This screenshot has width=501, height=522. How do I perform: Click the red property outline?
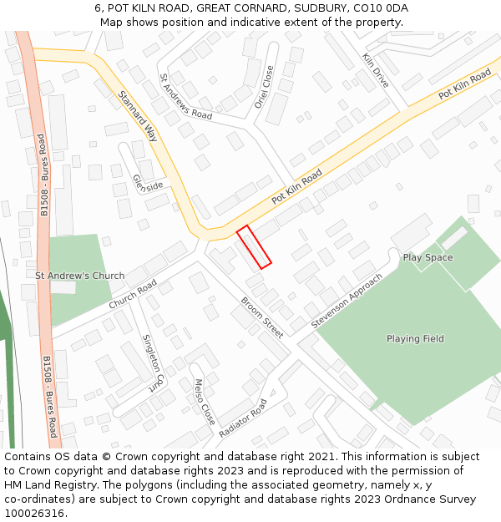254,247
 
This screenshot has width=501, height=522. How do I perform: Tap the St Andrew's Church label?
79,276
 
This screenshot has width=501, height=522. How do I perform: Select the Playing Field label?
415,339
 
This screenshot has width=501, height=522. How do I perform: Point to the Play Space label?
428,257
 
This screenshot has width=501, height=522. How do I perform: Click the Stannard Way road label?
138,116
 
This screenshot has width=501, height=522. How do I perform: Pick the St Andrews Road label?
185,97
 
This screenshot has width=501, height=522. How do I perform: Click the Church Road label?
133,294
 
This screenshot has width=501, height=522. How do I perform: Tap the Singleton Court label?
150,363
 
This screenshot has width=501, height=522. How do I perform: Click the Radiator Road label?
242,418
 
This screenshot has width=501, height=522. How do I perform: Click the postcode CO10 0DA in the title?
380,8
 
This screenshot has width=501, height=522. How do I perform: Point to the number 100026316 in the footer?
34,514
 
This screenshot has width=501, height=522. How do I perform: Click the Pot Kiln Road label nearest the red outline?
296,188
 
